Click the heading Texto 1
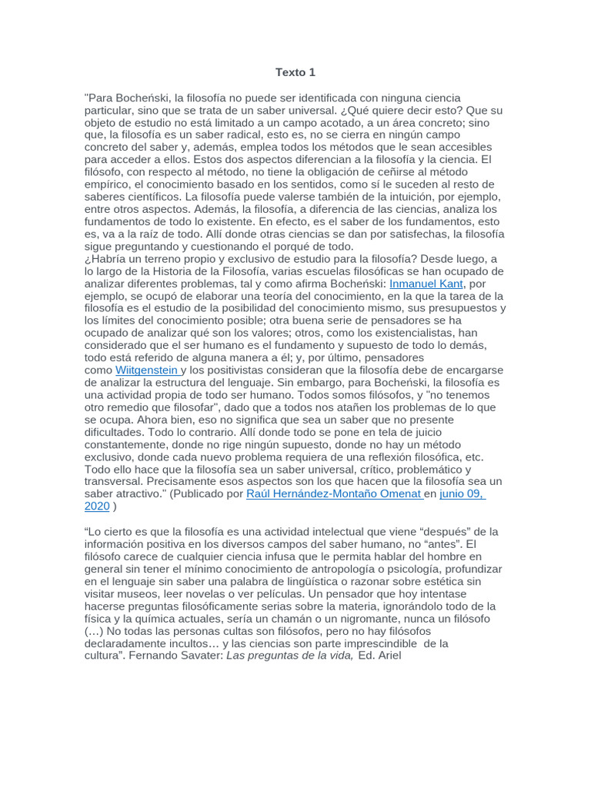(295, 72)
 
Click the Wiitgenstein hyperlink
(147, 370)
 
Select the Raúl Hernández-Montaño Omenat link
(333, 493)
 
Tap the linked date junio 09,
(462, 493)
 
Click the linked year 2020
(97, 506)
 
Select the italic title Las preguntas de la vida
(289, 656)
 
